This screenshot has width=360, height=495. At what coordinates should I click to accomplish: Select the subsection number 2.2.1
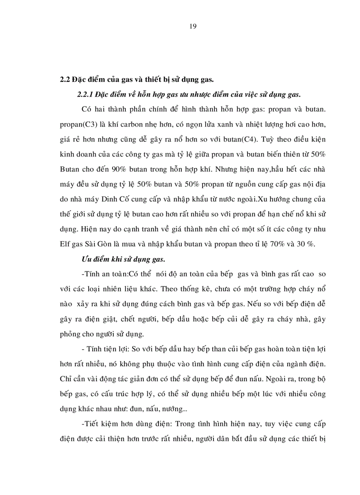pos(86,94)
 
